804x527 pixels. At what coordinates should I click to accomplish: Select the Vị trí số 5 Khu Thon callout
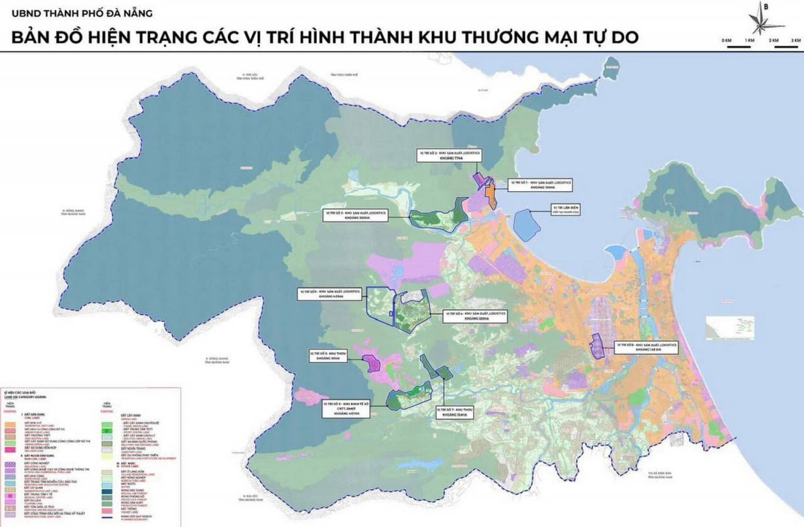tap(327, 355)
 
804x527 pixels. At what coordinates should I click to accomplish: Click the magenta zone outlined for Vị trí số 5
tap(372, 363)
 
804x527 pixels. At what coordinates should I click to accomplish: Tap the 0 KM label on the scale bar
tap(726, 41)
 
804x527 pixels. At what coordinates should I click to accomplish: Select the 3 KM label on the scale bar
tap(795, 41)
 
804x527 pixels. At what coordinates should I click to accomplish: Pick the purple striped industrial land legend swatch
tap(11, 463)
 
